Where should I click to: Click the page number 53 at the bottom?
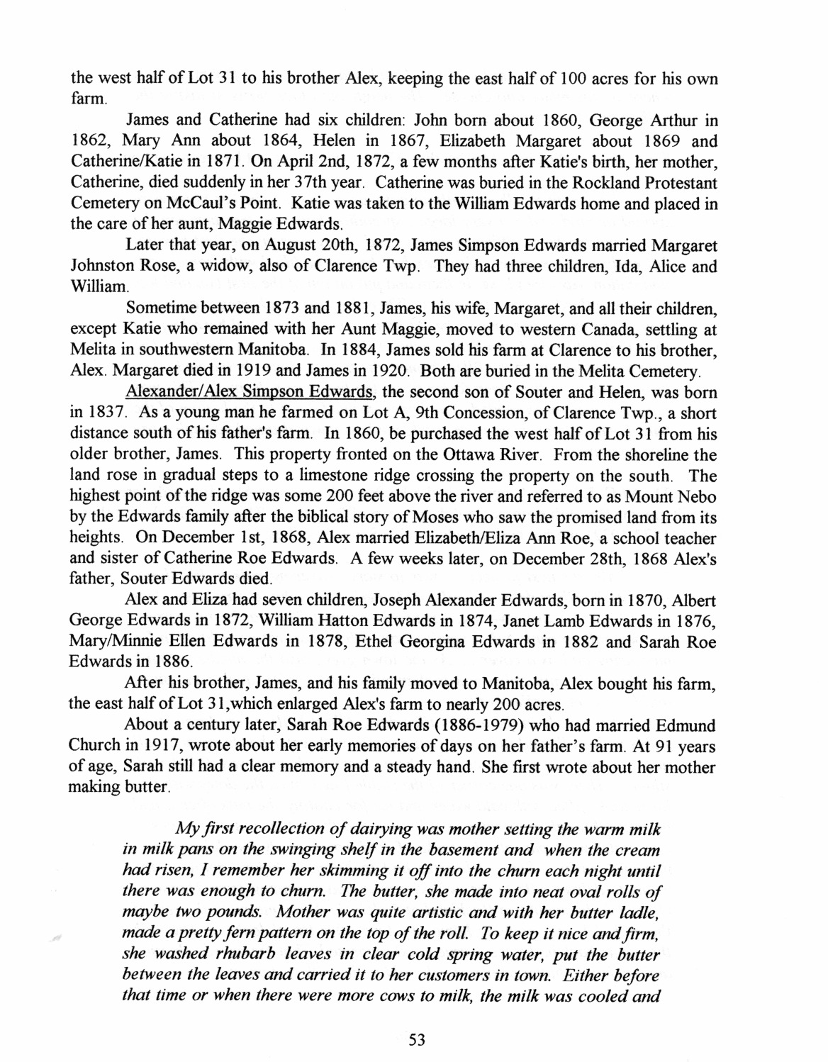pyautogui.click(x=417, y=1041)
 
